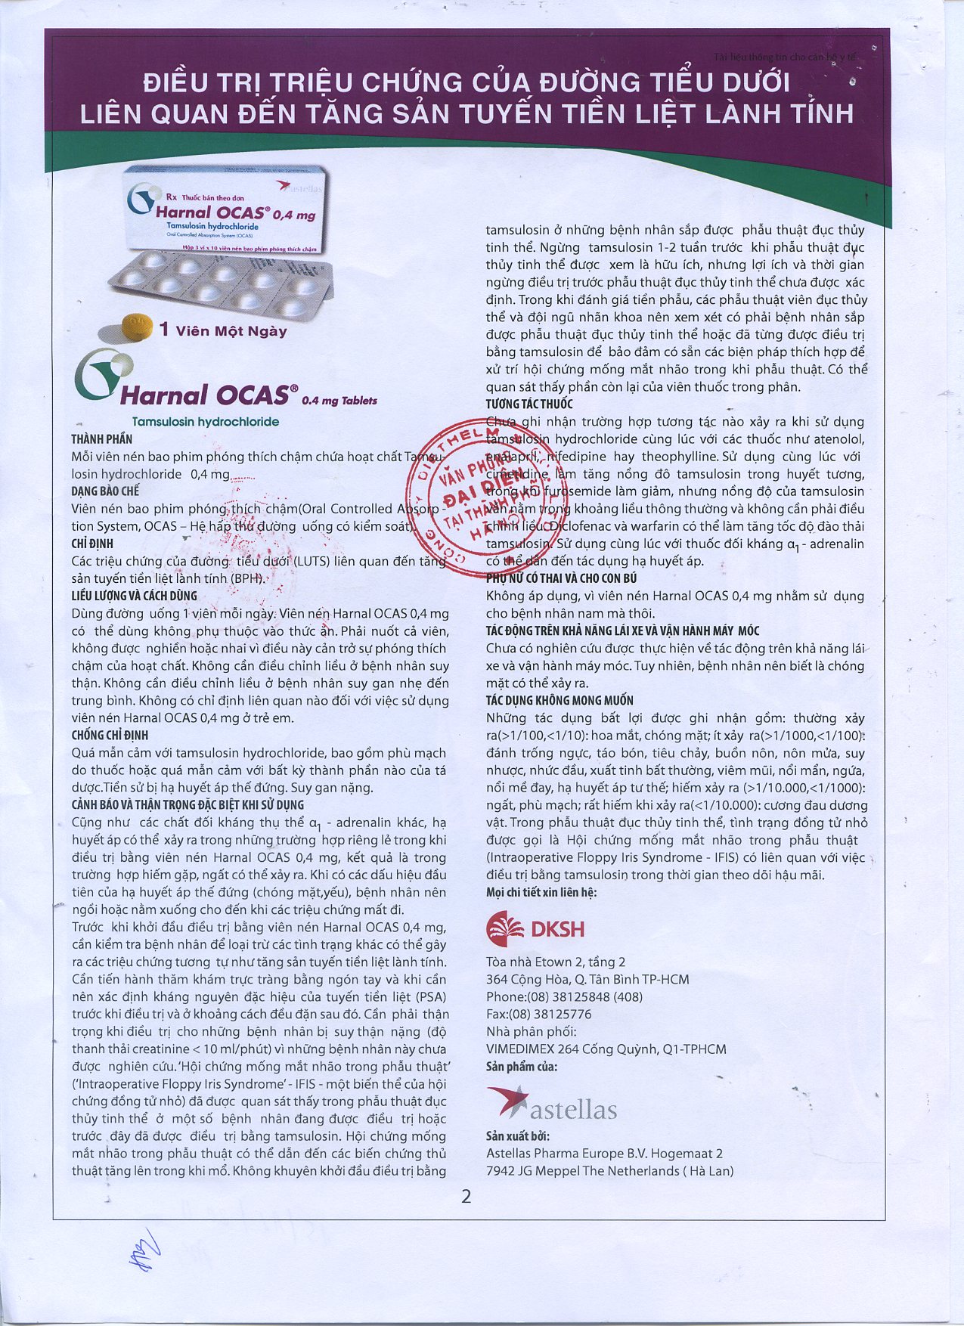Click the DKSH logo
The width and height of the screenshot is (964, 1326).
pyautogui.click(x=535, y=928)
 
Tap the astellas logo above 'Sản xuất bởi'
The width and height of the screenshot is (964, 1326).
pyautogui.click(x=552, y=1104)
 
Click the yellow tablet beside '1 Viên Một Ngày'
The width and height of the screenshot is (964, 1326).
pyautogui.click(x=137, y=327)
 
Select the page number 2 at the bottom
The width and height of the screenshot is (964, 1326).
pyautogui.click(x=466, y=1196)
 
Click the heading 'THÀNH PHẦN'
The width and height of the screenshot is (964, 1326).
pyautogui.click(x=102, y=439)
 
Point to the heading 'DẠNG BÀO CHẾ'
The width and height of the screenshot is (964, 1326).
pyautogui.click(x=106, y=491)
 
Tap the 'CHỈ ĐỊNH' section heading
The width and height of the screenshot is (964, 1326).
pyautogui.click(x=92, y=544)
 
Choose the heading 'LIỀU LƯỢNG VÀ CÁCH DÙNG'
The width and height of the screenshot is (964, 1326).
pyautogui.click(x=135, y=596)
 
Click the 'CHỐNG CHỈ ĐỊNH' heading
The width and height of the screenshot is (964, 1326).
pyautogui.click(x=110, y=735)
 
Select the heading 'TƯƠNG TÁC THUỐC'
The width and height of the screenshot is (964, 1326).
pyautogui.click(x=529, y=404)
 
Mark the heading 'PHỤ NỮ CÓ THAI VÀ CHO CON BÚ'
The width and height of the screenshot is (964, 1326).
pyautogui.click(x=561, y=578)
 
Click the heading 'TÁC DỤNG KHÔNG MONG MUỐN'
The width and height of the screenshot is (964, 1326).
pyautogui.click(x=559, y=700)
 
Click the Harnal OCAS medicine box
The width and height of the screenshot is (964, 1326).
pyautogui.click(x=227, y=210)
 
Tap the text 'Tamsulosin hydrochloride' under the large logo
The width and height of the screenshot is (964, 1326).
pyautogui.click(x=206, y=422)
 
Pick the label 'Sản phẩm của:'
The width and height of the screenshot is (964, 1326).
pyautogui.click(x=522, y=1067)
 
